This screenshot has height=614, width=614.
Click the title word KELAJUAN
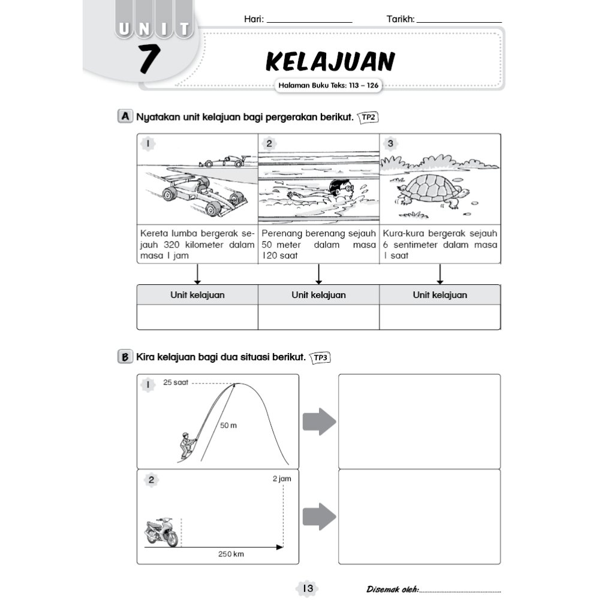tap(330, 62)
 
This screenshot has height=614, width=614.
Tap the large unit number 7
tap(149, 59)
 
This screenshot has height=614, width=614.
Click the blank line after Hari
tap(309, 20)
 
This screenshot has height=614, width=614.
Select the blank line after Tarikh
tap(459, 20)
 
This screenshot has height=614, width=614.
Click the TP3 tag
tap(321, 358)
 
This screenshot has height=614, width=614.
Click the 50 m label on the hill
tap(228, 426)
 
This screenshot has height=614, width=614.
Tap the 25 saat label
tap(176, 383)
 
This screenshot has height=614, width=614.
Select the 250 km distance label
tap(231, 555)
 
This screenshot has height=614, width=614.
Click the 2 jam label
tap(281, 480)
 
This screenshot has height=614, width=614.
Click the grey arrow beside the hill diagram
tap(318, 422)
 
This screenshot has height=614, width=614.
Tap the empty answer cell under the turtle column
tap(440, 317)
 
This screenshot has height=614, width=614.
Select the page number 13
tap(308, 589)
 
